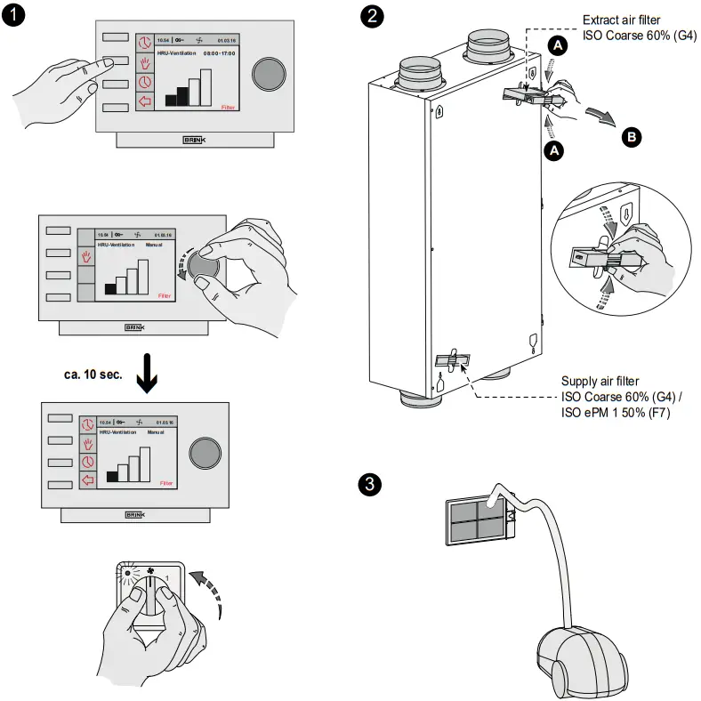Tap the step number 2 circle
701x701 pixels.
[x=374, y=17]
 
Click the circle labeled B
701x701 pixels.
[x=631, y=137]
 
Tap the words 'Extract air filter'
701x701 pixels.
[x=626, y=20]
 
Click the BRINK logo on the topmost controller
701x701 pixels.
[x=196, y=139]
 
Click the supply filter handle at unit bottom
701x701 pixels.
[x=453, y=359]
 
